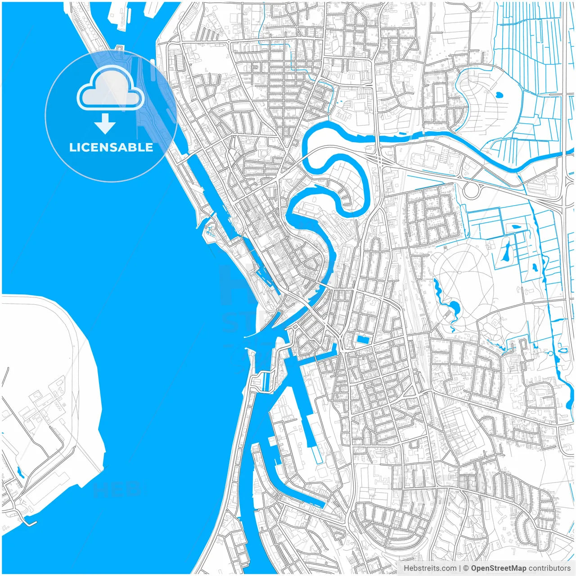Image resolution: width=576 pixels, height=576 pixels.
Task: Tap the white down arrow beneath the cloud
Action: point(105,124)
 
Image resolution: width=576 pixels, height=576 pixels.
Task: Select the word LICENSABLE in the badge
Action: point(111,148)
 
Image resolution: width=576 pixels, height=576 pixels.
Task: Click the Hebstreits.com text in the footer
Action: point(430,568)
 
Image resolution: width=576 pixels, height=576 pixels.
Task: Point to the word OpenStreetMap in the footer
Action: point(499,568)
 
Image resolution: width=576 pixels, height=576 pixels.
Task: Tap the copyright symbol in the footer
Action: point(466,568)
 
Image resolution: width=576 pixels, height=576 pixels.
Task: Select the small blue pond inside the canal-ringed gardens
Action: point(499,95)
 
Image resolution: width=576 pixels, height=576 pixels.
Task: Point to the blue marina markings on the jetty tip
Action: point(209,231)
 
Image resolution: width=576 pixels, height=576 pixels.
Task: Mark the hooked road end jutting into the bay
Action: point(29,523)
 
